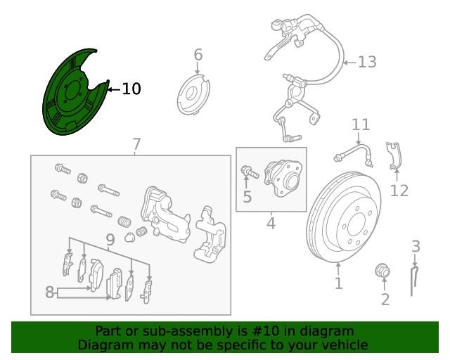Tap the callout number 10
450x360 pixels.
131,89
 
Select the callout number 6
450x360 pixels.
198,55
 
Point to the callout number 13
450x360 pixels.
367,63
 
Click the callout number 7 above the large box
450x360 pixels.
136,145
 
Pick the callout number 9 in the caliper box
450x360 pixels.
110,241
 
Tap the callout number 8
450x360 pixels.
49,292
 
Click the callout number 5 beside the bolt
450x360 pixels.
247,197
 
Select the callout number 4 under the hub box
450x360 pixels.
271,224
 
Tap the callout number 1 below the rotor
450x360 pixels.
338,283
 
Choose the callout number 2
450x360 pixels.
385,300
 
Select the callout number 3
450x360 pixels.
416,246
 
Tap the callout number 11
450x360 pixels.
361,125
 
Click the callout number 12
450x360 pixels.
399,190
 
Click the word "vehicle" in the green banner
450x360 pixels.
344,345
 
